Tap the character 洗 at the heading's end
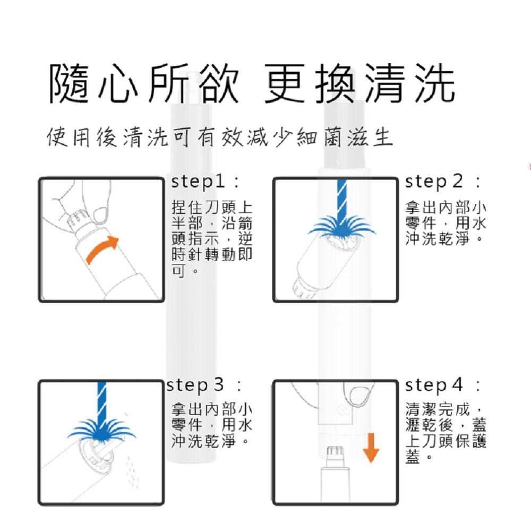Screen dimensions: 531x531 [434, 84]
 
